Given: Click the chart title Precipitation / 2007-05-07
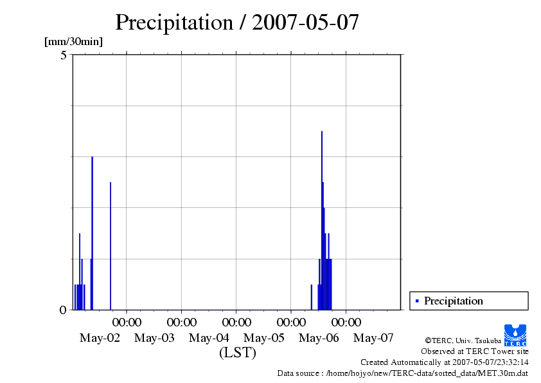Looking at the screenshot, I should click(x=236, y=22).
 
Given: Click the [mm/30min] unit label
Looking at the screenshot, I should click(x=73, y=42).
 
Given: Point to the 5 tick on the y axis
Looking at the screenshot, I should click(x=63, y=55).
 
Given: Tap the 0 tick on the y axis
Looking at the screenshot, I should click(x=63, y=310).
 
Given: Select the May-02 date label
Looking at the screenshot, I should click(x=100, y=338).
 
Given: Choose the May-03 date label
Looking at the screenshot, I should click(x=154, y=338).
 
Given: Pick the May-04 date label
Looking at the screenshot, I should click(x=209, y=338).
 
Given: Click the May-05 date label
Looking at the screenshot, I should click(x=264, y=338).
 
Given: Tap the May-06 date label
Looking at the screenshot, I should click(x=319, y=338).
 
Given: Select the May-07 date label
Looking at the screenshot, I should click(x=374, y=338).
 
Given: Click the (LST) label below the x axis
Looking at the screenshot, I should click(x=237, y=353).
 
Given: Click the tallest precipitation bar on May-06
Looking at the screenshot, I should click(x=322, y=219).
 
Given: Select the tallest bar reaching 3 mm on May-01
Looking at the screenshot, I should click(x=92, y=232).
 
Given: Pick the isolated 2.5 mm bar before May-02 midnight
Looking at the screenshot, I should click(x=111, y=245).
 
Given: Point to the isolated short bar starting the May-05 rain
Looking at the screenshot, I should click(x=312, y=297).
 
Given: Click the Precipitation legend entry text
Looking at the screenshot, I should click(x=453, y=301).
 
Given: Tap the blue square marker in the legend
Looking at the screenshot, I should click(x=417, y=301).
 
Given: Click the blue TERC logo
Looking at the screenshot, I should click(x=515, y=335).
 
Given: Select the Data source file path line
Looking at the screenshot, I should click(x=402, y=373).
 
